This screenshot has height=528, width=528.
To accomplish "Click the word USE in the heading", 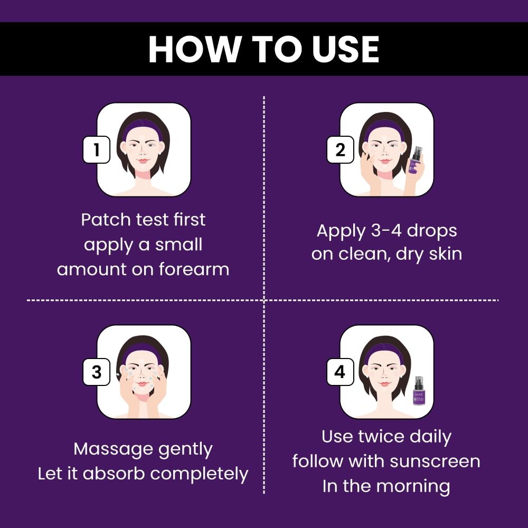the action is (x=345, y=49).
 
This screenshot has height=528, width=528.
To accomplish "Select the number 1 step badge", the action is (x=97, y=149).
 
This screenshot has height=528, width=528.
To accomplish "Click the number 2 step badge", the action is (x=340, y=149).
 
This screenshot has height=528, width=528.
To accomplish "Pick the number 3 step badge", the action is (x=97, y=372).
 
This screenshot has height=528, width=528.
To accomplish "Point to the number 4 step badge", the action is (x=340, y=372).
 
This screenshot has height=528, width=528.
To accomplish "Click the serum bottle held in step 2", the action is (x=416, y=161).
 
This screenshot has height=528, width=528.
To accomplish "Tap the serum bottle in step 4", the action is (x=419, y=391).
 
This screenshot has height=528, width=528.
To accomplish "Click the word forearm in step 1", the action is (x=194, y=269).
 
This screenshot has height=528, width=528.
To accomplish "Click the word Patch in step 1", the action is (x=106, y=220).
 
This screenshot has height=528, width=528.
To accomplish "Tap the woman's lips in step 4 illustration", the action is (x=385, y=383).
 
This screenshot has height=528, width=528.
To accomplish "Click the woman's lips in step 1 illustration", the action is (x=143, y=161).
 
